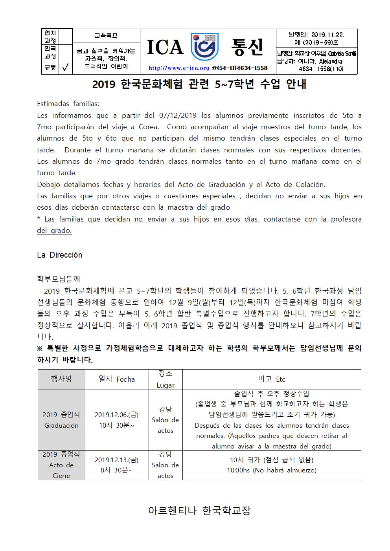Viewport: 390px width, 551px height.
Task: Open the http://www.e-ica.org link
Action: (179, 68)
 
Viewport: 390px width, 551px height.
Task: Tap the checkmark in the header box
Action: (65, 68)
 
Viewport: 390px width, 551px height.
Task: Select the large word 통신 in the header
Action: (247, 47)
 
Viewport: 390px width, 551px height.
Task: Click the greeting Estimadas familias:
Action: (68, 104)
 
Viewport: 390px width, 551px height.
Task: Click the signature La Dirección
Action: (59, 255)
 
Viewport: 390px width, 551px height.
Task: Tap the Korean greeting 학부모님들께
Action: (58, 279)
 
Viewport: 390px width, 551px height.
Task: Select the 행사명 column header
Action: (61, 379)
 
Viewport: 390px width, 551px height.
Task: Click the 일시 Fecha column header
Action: (116, 379)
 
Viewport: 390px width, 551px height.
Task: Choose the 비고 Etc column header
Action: (272, 379)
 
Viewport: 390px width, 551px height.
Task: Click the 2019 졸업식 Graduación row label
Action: (61, 420)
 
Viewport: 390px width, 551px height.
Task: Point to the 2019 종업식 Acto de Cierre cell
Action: (61, 465)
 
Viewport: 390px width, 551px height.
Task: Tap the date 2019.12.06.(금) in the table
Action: (116, 415)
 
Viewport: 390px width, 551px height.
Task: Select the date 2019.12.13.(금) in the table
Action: (116, 460)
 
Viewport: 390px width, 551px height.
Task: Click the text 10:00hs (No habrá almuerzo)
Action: (272, 470)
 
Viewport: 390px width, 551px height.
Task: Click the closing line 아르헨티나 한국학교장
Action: (199, 511)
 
